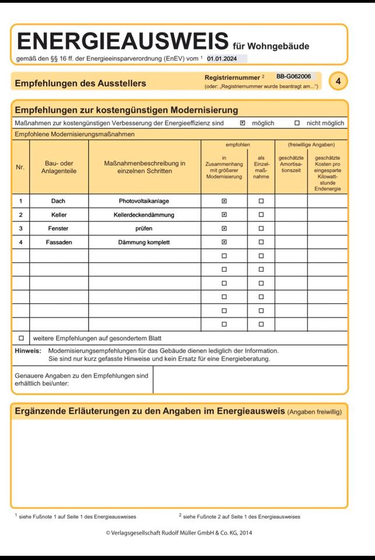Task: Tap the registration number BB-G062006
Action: click(x=293, y=76)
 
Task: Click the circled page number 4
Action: click(x=338, y=81)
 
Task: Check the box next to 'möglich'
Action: click(x=243, y=123)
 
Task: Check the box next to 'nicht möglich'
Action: click(x=297, y=123)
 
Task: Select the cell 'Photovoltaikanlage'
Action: click(x=144, y=201)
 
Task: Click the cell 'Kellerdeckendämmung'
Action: click(x=144, y=215)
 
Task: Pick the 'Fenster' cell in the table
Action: click(x=58, y=229)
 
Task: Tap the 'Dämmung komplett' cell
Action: click(x=144, y=242)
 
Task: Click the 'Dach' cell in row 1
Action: click(x=58, y=201)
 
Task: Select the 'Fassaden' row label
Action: click(x=58, y=242)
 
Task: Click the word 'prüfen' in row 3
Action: click(x=144, y=229)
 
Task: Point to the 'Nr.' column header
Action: click(x=20, y=167)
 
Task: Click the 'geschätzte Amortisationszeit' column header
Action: click(x=290, y=164)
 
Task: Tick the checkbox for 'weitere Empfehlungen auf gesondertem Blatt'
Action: click(x=21, y=338)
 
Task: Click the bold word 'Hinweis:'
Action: click(x=28, y=351)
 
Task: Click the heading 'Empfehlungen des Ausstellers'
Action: click(x=80, y=83)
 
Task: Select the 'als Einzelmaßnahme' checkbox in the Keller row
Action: click(x=261, y=215)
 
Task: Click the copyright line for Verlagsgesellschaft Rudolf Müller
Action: click(x=179, y=533)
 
